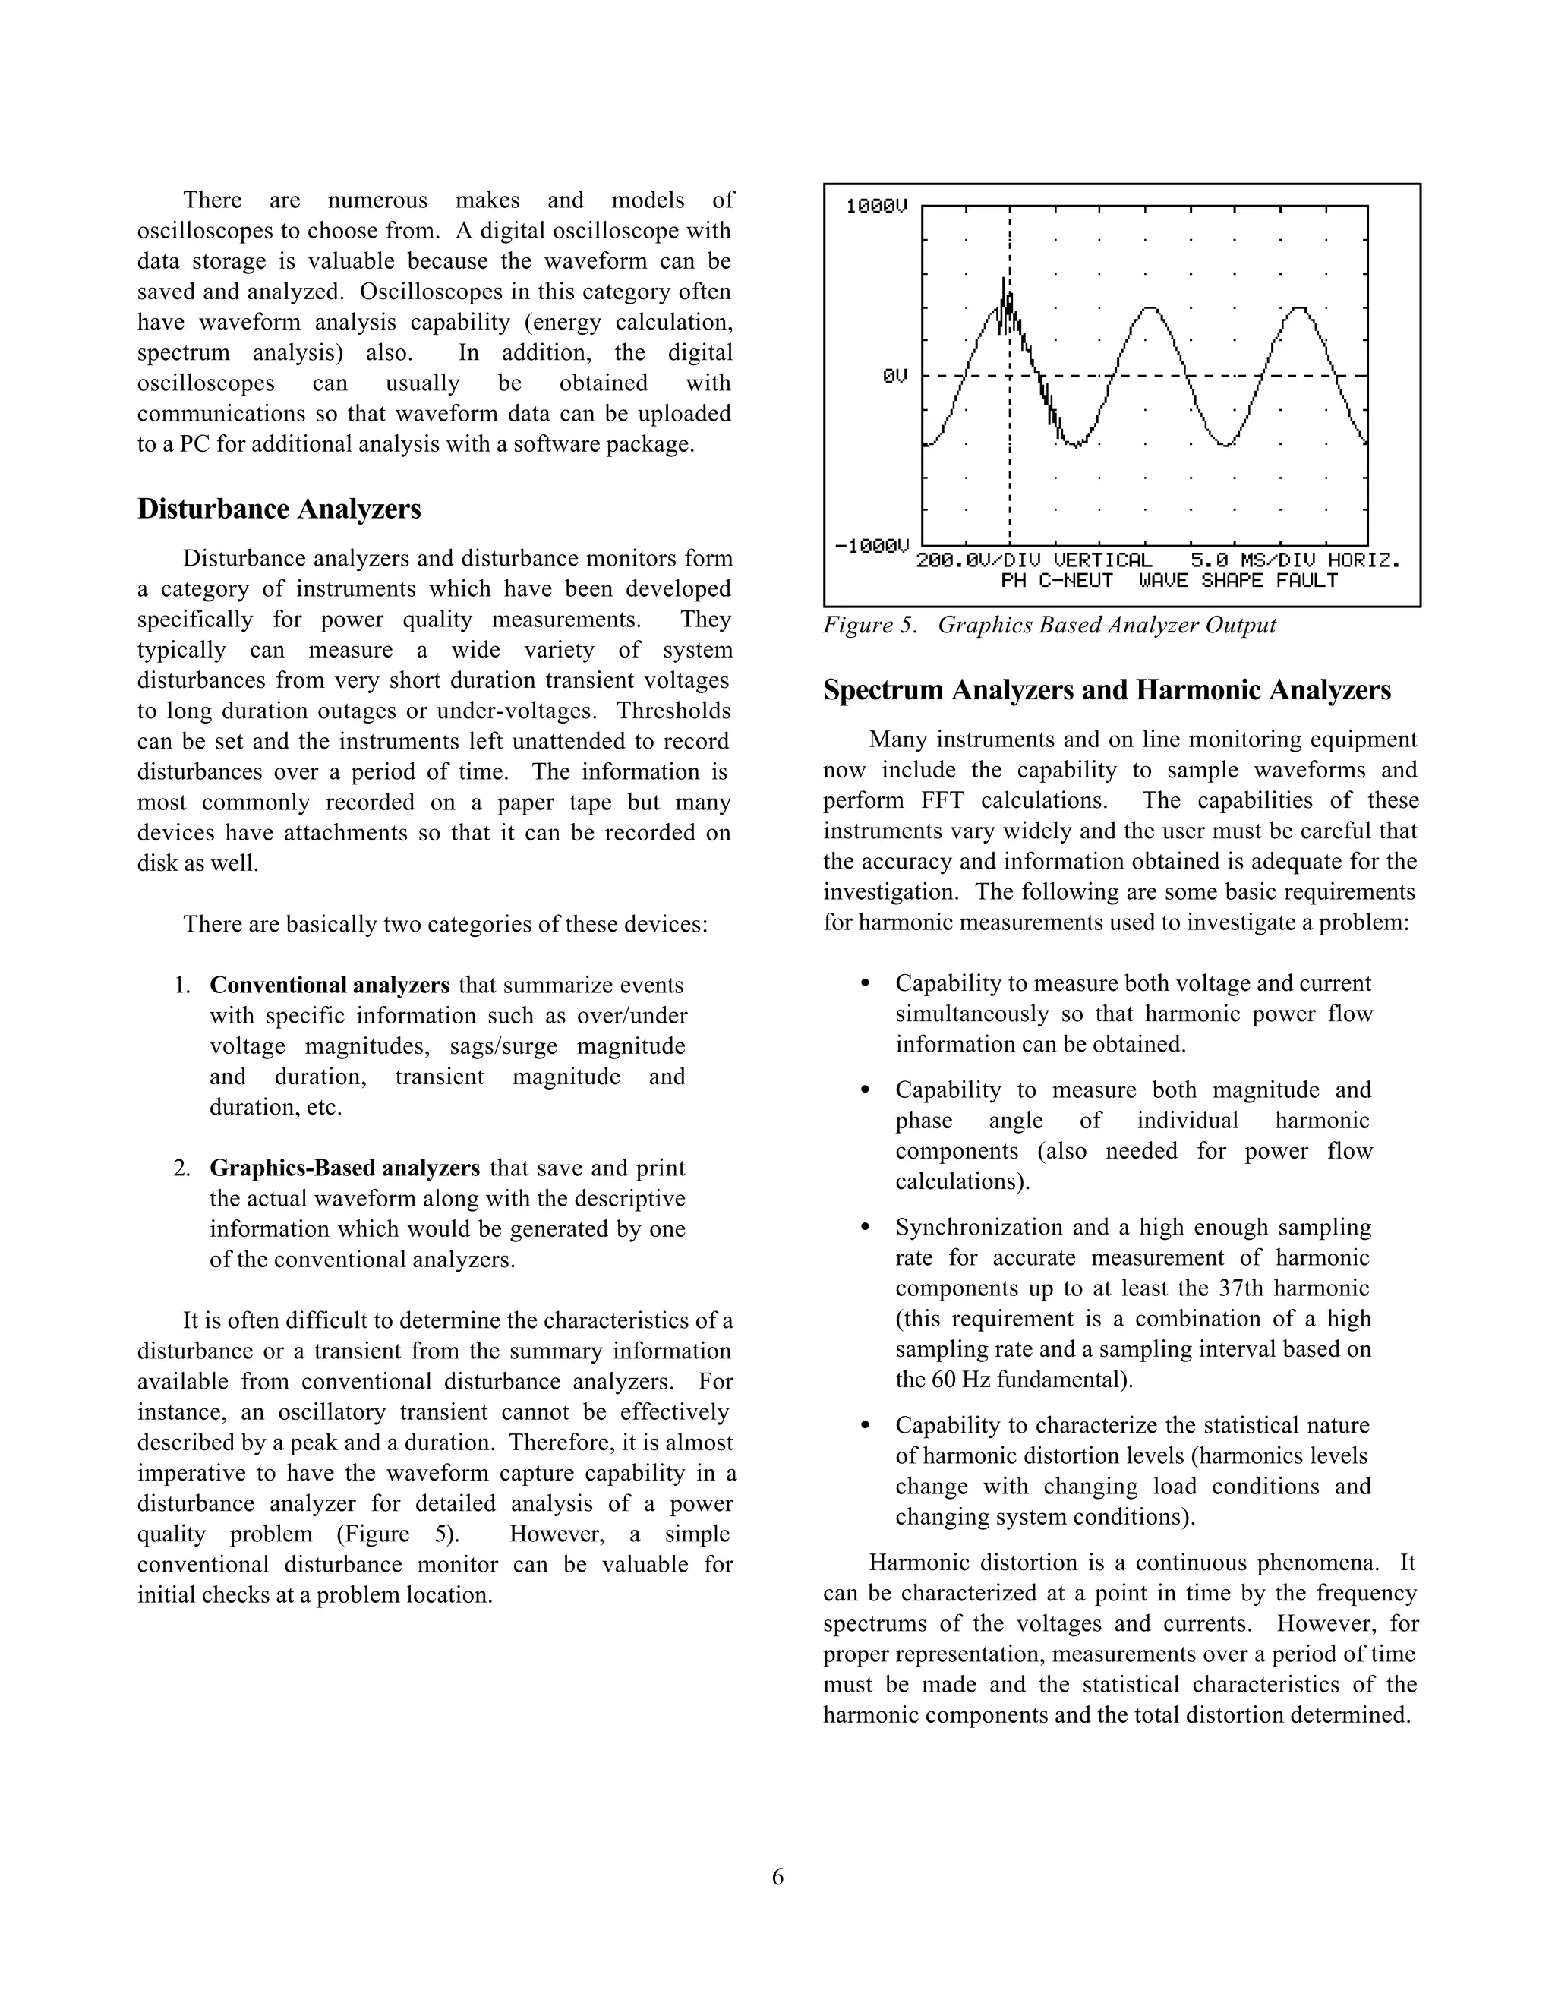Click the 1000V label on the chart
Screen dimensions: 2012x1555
coord(876,207)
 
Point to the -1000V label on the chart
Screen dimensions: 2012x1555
coord(871,547)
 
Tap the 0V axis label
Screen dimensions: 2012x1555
coord(894,376)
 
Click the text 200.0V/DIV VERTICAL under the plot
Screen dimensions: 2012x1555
coord(1033,560)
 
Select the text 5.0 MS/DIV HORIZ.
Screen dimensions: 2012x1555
coord(1295,560)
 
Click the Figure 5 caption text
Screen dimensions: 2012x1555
coord(1049,625)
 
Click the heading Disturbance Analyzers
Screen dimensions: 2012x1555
coord(279,509)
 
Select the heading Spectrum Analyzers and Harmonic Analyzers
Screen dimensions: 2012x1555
coord(1106,690)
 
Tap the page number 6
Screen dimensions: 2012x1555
coord(777,1877)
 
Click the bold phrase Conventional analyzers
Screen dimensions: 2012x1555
coord(329,985)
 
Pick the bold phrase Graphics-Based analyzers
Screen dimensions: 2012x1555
coord(344,1168)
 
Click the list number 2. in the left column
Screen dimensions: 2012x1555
coord(181,1168)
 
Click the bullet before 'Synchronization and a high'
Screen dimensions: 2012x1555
coord(864,1228)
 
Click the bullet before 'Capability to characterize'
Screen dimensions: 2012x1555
coord(864,1426)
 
